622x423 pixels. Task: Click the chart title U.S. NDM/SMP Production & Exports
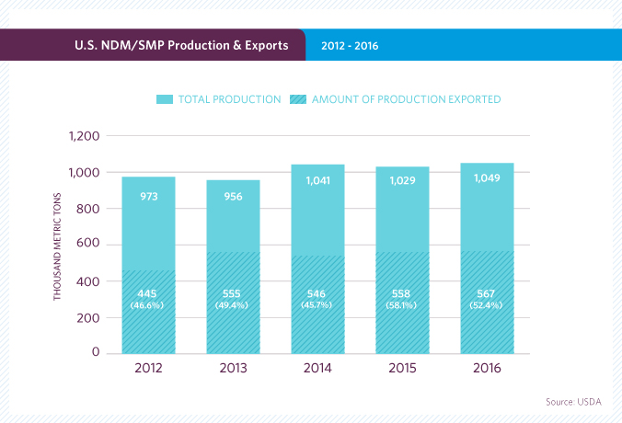click(180, 44)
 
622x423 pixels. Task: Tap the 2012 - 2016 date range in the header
click(350, 44)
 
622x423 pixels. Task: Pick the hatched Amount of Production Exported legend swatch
click(299, 98)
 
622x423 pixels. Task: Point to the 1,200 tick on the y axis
click(84, 137)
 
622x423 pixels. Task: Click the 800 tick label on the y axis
click(88, 209)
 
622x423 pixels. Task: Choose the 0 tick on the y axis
click(95, 352)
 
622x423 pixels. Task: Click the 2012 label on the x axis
click(148, 371)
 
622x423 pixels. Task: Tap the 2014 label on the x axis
click(318, 371)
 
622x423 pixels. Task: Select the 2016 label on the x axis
click(487, 371)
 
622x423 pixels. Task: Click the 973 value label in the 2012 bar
click(149, 196)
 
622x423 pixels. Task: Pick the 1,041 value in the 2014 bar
click(318, 181)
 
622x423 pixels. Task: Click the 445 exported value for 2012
click(149, 293)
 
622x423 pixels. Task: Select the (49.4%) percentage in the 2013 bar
click(234, 305)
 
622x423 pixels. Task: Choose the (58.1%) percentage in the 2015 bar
click(403, 305)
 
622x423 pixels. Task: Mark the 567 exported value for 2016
click(488, 293)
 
